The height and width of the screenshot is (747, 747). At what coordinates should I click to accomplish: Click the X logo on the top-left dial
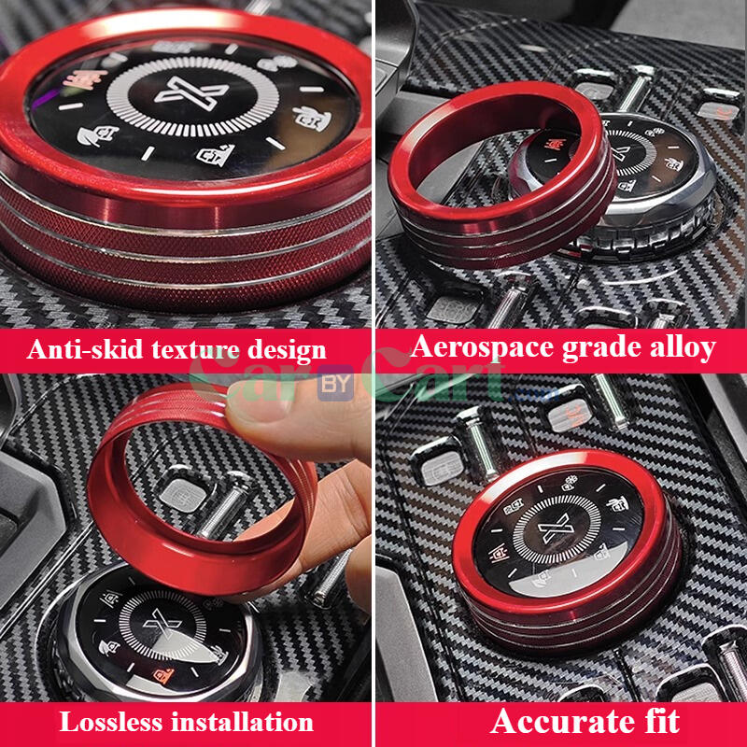coord(190,94)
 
